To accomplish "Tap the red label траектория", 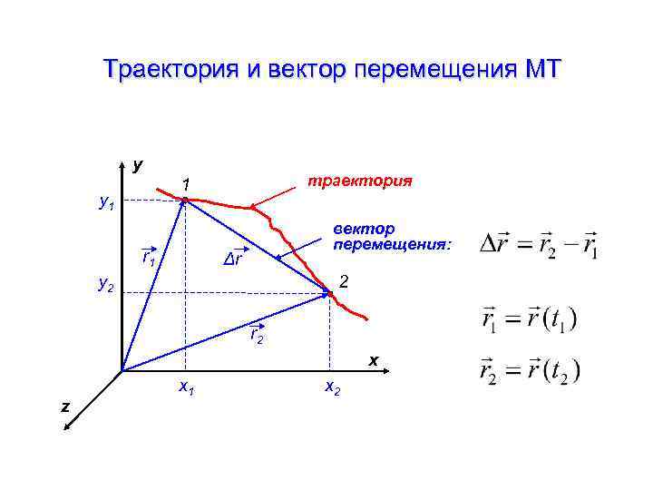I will tap(360, 181).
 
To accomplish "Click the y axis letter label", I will tap(137, 166).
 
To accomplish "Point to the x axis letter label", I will tap(373, 360).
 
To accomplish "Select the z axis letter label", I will tap(64, 406).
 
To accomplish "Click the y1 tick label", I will tap(107, 205).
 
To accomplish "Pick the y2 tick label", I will tap(107, 286).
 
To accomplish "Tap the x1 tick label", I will tap(188, 387).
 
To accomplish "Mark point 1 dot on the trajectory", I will tap(185, 200).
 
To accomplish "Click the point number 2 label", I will tap(344, 282).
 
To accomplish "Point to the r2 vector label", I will tap(257, 338).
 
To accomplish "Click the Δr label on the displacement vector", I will tap(234, 260).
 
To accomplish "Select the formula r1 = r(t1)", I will tap(528, 319).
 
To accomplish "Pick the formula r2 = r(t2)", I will tap(530, 371).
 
